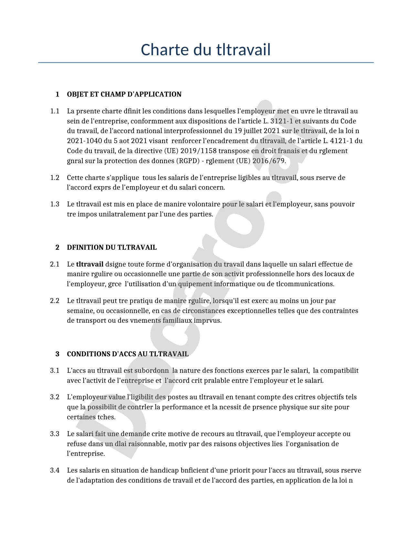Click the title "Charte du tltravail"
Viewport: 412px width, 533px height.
pyautogui.click(x=206, y=50)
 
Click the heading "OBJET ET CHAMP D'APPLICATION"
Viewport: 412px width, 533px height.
pyautogui.click(x=124, y=94)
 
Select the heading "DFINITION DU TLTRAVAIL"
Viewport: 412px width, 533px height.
pyautogui.click(x=111, y=247)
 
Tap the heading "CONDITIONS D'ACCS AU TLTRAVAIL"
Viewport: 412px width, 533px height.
pyautogui.click(x=128, y=354)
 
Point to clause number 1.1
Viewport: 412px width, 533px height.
pyautogui.click(x=55, y=111)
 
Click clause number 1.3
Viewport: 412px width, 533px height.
pyautogui.click(x=55, y=204)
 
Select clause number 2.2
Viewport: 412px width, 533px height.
pyautogui.click(x=55, y=301)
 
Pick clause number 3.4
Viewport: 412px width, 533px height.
pyautogui.click(x=55, y=470)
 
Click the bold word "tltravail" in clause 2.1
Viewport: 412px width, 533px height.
pyautogui.click(x=90, y=264)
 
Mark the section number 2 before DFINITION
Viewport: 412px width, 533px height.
pyautogui.click(x=58, y=247)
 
